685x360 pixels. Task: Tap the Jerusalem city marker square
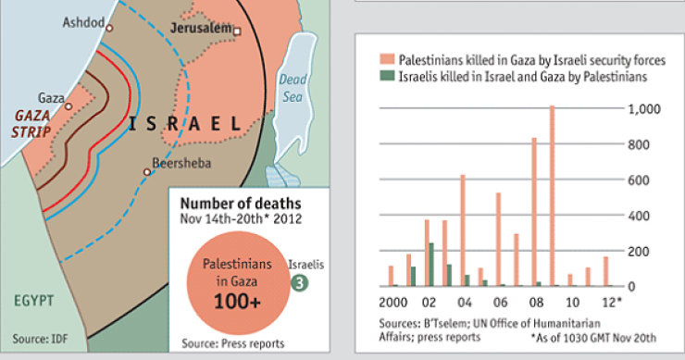pos(237,31)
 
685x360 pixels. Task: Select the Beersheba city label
pos(184,163)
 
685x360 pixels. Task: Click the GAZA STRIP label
pos(31,124)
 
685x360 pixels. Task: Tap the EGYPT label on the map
pos(33,301)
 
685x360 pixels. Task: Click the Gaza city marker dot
pos(68,106)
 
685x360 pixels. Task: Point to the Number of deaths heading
pos(239,202)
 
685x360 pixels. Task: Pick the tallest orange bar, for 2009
pos(552,195)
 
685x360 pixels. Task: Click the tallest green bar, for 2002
pos(431,265)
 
